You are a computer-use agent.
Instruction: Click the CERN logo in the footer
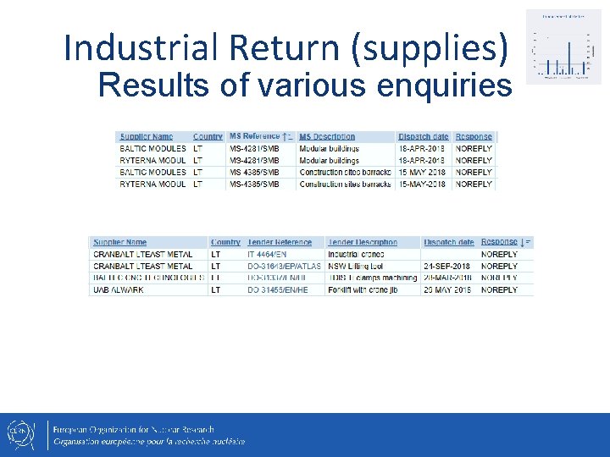pos(19,434)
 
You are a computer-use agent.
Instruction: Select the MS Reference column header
pos(258,136)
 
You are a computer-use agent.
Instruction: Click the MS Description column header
pos(327,136)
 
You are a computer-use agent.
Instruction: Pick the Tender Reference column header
pos(279,242)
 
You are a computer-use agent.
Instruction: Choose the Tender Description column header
pos(363,242)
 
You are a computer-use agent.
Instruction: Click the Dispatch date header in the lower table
pos(448,242)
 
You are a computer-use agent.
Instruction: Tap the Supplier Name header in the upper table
pos(147,136)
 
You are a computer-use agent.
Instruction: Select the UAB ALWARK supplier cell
pos(119,289)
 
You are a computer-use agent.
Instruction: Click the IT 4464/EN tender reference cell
pos(268,254)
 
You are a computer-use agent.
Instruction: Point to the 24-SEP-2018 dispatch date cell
pos(449,266)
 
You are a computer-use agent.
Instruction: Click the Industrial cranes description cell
pos(357,254)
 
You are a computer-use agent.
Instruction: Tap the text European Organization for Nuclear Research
pos(134,429)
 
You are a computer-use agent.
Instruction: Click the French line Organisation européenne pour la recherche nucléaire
pos(149,441)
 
